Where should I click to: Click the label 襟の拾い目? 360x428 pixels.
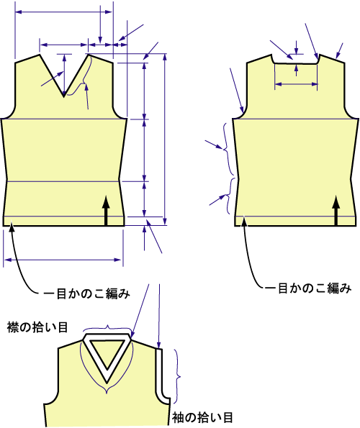coord(37,327)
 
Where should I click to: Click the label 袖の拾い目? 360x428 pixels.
coord(202,417)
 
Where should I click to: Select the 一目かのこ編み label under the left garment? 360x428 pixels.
coord(87,293)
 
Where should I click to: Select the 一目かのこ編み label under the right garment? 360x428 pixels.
coord(308,288)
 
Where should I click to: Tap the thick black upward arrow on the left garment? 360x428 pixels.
coord(106,211)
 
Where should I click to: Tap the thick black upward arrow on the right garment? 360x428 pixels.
coord(336,211)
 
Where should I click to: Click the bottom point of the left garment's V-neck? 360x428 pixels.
coord(64,96)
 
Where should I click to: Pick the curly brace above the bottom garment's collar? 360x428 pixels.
coord(107,327)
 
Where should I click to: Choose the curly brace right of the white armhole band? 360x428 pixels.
coord(178,377)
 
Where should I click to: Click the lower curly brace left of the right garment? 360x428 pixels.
coord(228,196)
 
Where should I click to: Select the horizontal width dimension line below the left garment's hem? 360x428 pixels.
coord(63,260)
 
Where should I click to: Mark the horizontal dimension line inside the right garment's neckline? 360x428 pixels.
coord(296,84)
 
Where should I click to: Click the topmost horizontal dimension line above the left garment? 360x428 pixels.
coord(63,12)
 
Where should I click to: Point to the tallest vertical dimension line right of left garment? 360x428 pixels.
coord(165,140)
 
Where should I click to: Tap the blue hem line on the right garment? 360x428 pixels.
coord(295,217)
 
